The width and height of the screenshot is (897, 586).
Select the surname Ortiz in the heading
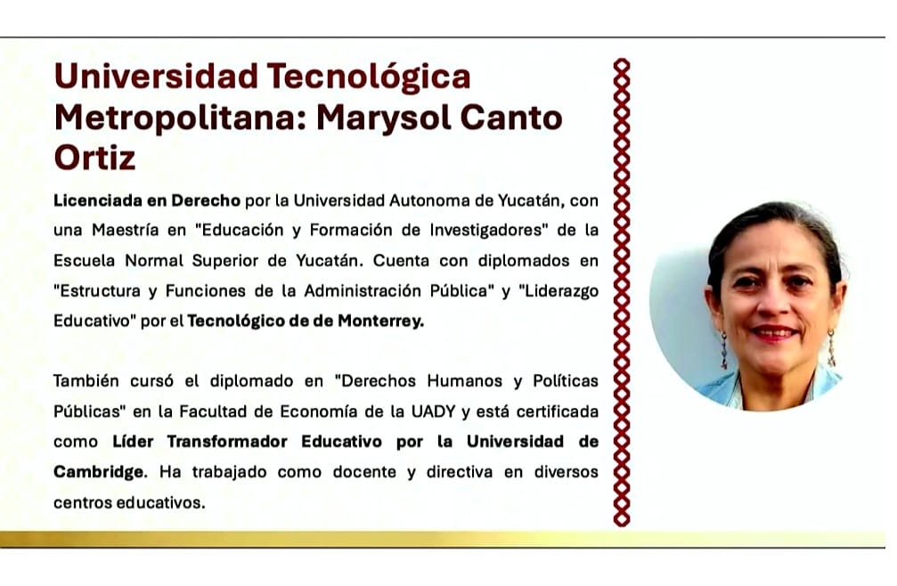pyautogui.click(x=95, y=158)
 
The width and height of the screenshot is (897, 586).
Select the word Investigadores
pyautogui.click(x=489, y=231)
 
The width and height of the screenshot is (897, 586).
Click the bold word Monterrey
pyautogui.click(x=380, y=321)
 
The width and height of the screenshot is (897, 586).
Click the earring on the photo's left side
pyautogui.click(x=723, y=350)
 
